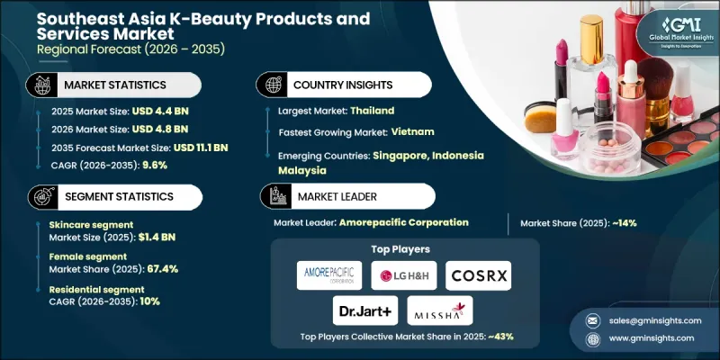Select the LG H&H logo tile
click(405, 274)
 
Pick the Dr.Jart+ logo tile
click(364, 312)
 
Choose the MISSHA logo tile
click(438, 312)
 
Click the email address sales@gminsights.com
click(645, 321)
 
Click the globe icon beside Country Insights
click(269, 85)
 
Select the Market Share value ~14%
click(622, 222)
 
